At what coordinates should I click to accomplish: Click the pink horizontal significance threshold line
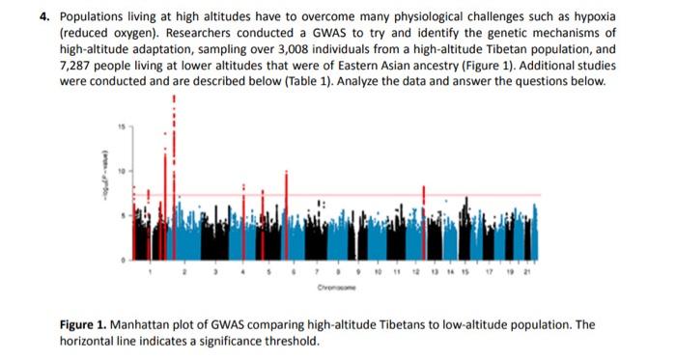[x=386, y=195]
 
